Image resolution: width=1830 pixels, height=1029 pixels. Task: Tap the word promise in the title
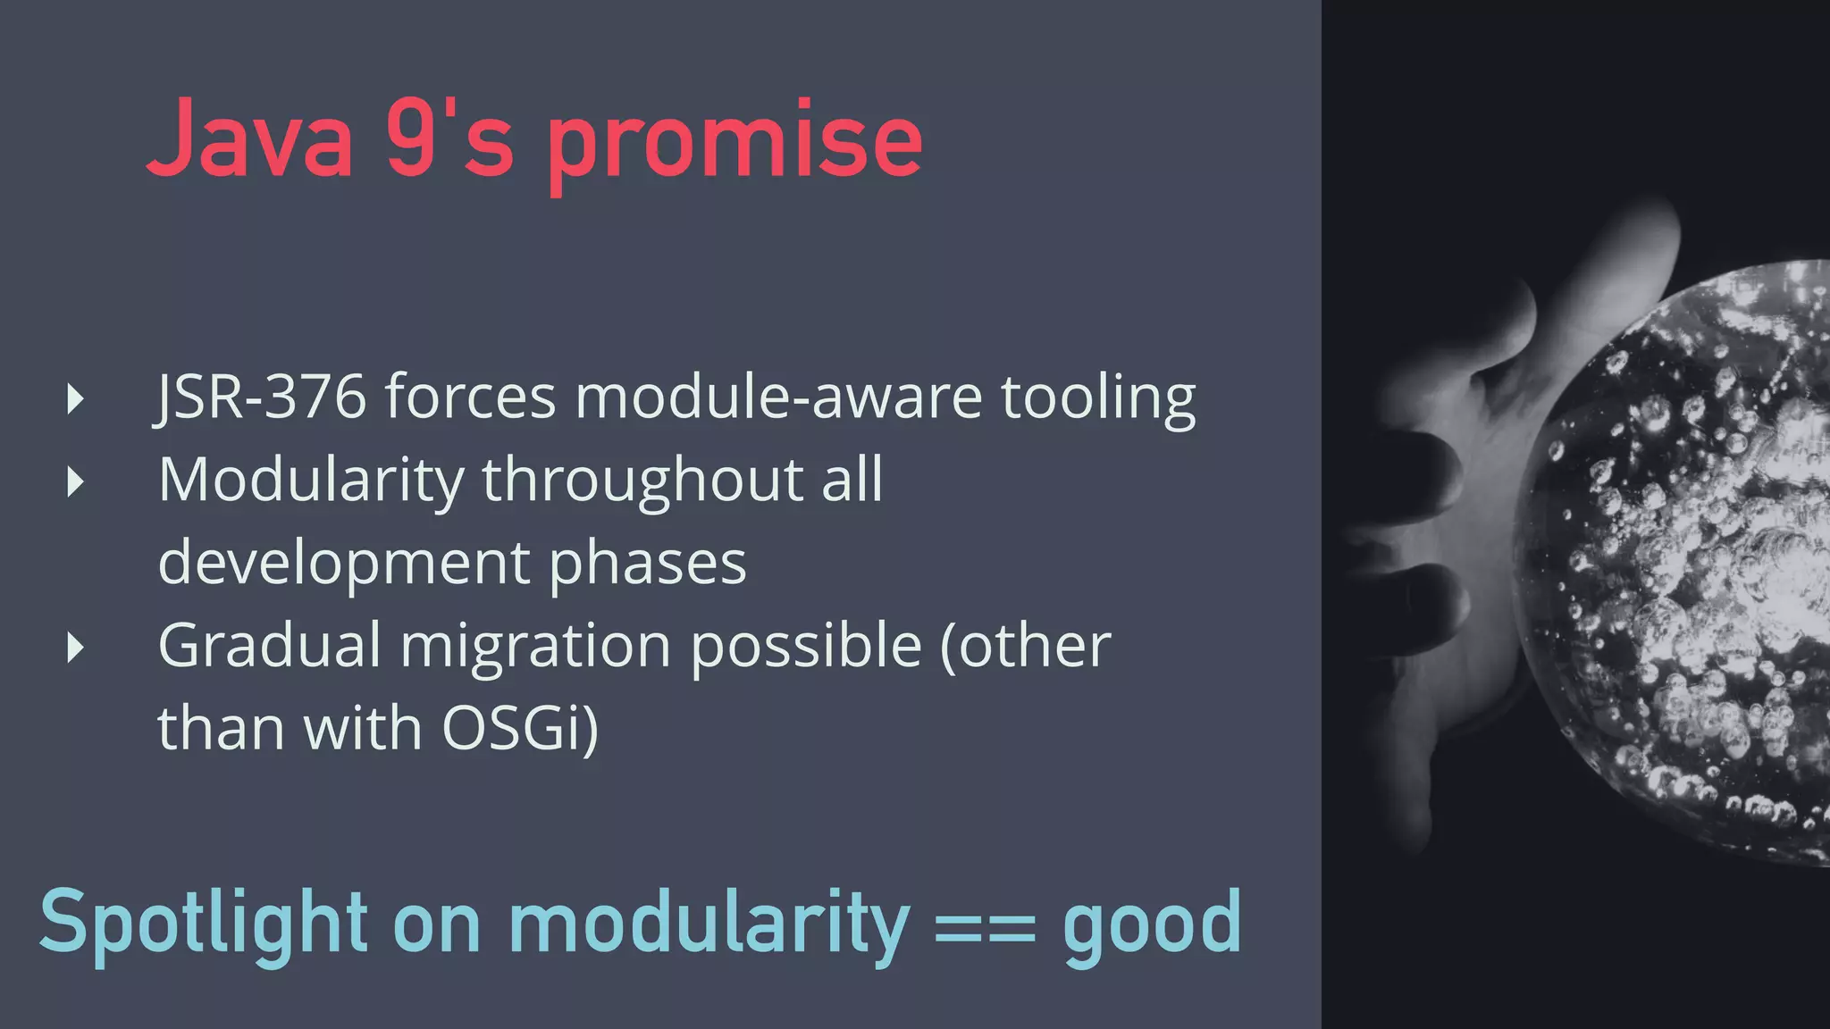pos(735,143)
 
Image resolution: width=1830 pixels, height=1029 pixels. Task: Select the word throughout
pos(642,481)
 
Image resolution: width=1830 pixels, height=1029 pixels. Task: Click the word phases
pos(647,564)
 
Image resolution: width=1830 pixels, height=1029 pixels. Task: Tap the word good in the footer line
pos(1152,925)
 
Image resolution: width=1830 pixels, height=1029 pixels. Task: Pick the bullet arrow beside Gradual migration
pos(76,648)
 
